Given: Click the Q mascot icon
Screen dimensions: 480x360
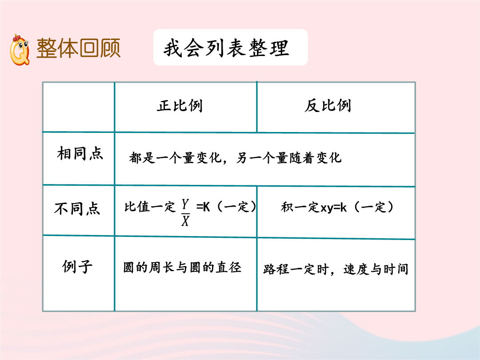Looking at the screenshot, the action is coord(20,50).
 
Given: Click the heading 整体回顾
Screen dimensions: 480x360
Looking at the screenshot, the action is coord(78,48).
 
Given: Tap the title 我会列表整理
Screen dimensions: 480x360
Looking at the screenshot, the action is coord(226,48).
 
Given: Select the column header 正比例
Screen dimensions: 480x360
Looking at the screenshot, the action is coord(180,106).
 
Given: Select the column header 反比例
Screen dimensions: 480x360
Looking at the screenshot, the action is coord(328,106).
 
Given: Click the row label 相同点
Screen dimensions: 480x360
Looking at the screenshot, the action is coord(80,153).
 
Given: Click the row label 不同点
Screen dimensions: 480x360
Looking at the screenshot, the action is coord(77,208).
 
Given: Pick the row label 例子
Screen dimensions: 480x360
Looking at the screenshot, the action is coord(77,266).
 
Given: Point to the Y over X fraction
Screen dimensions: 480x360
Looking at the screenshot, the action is coord(185,212).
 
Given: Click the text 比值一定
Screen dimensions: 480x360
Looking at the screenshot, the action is coord(150,207).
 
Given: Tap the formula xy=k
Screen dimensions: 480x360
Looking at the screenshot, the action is coord(333,208).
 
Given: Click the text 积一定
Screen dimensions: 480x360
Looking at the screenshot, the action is coord(300,207).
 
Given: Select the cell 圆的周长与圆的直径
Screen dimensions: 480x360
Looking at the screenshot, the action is coord(182,267).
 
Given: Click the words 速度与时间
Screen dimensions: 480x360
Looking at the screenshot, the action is coord(376,269).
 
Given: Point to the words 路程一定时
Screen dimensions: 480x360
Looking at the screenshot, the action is coord(296,269).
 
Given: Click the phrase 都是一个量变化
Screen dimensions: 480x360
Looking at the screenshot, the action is coord(175,158).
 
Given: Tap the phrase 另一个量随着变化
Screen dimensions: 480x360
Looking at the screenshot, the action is coord(289,158).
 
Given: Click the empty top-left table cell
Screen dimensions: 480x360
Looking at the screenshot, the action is coord(79,107).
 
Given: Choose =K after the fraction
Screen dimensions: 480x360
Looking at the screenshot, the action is coord(203,207).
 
